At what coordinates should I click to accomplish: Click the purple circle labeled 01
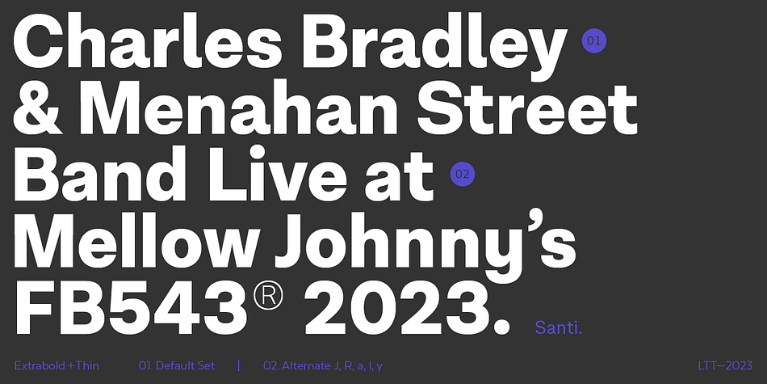click(594, 40)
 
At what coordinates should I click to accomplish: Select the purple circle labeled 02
click(463, 174)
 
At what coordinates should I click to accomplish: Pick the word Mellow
click(135, 241)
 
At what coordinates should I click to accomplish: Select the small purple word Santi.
click(559, 327)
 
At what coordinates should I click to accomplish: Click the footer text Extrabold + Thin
click(57, 366)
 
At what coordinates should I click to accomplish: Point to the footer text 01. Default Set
click(177, 366)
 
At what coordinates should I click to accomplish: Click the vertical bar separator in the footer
click(239, 366)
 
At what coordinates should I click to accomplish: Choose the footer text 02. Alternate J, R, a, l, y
click(323, 366)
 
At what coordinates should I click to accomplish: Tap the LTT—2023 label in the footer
click(725, 366)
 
